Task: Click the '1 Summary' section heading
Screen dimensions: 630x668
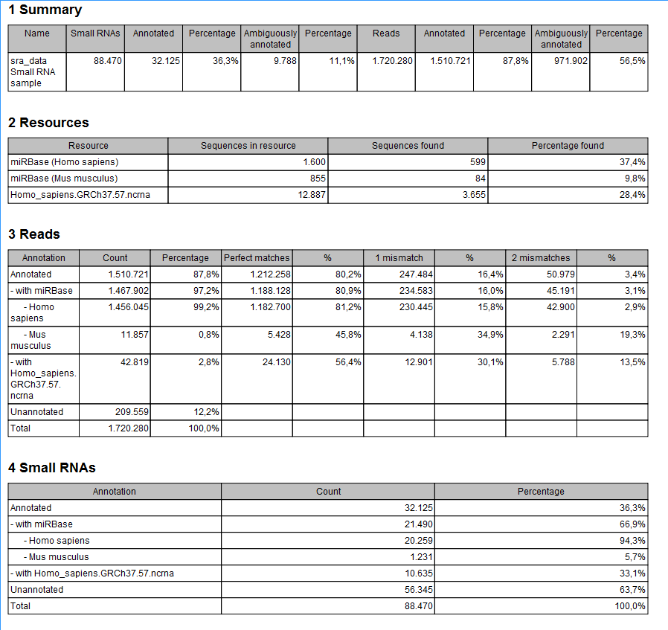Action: pyautogui.click(x=45, y=10)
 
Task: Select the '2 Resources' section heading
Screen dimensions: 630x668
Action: pyautogui.click(x=48, y=123)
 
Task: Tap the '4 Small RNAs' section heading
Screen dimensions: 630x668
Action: pyautogui.click(x=51, y=468)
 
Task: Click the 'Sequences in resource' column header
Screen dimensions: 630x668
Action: pyautogui.click(x=248, y=146)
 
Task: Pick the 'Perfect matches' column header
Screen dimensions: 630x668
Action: pyautogui.click(x=257, y=258)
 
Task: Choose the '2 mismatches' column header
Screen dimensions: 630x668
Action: pyautogui.click(x=540, y=258)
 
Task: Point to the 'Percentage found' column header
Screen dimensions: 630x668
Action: pyautogui.click(x=568, y=146)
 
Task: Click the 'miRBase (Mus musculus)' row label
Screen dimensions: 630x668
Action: pyautogui.click(x=64, y=179)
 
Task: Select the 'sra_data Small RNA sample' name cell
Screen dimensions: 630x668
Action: pyautogui.click(x=33, y=72)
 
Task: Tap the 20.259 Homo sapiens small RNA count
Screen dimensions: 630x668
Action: pyautogui.click(x=417, y=541)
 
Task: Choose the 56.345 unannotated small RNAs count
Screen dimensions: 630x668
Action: pyautogui.click(x=417, y=590)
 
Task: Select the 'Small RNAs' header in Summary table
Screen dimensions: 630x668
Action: pyautogui.click(x=95, y=33)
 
